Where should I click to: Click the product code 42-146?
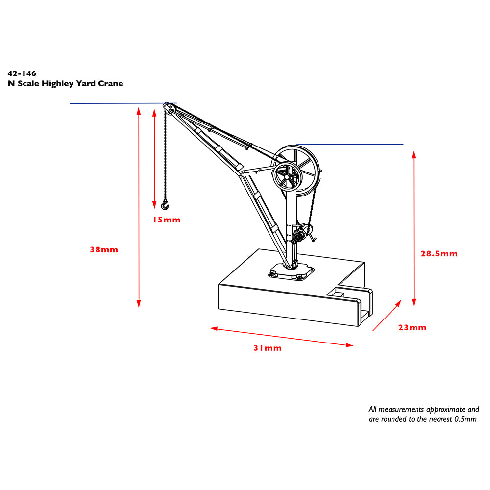coord(22,73)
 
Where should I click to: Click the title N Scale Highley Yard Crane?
coord(65,83)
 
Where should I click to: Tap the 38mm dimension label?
coord(104,249)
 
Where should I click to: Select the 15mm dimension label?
coord(166,220)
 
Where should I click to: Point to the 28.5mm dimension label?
coord(439,254)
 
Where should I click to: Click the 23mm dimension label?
coord(412,328)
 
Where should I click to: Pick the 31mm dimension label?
coord(267,348)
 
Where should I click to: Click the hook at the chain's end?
coord(165,204)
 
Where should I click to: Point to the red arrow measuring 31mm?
coord(282,337)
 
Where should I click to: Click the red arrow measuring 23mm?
coord(388,316)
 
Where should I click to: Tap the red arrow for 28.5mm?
coord(414,228)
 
